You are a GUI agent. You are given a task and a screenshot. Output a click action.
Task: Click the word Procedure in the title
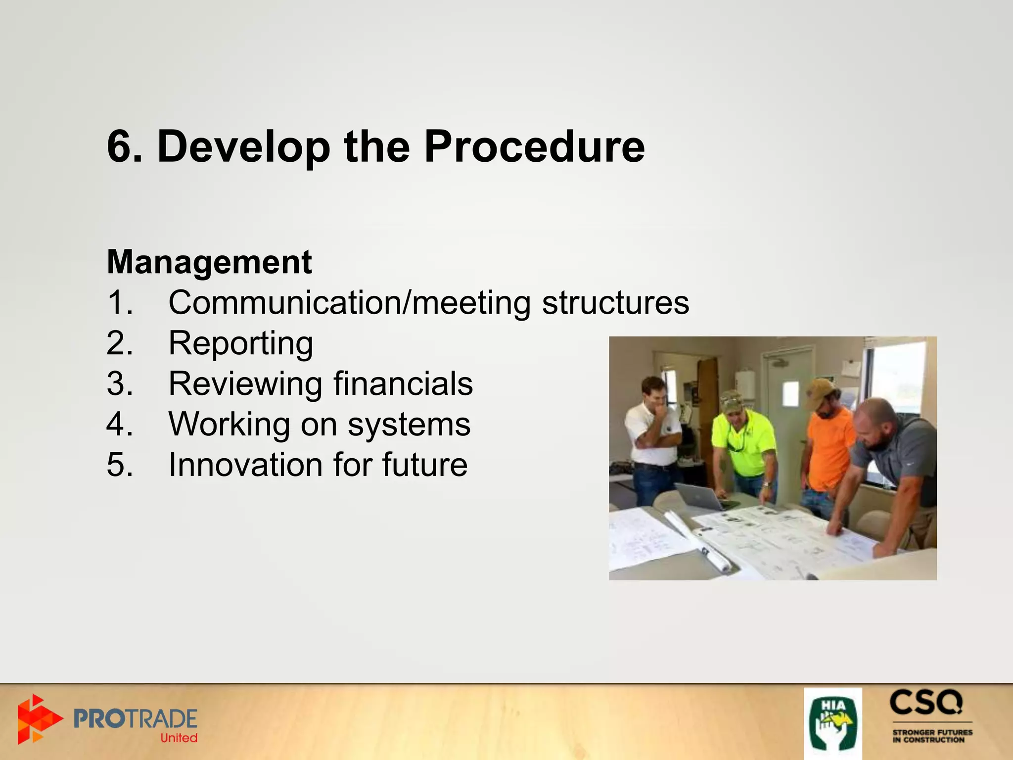534,146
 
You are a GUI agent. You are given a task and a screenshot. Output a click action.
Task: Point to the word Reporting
240,343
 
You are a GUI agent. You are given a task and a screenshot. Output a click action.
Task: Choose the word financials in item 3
403,383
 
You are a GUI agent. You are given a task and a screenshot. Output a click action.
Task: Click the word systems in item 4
409,424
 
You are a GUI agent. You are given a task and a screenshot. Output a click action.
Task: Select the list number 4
119,424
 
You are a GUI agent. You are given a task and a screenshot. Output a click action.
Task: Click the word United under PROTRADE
179,738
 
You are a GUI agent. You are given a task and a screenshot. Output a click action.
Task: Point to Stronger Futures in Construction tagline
932,736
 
